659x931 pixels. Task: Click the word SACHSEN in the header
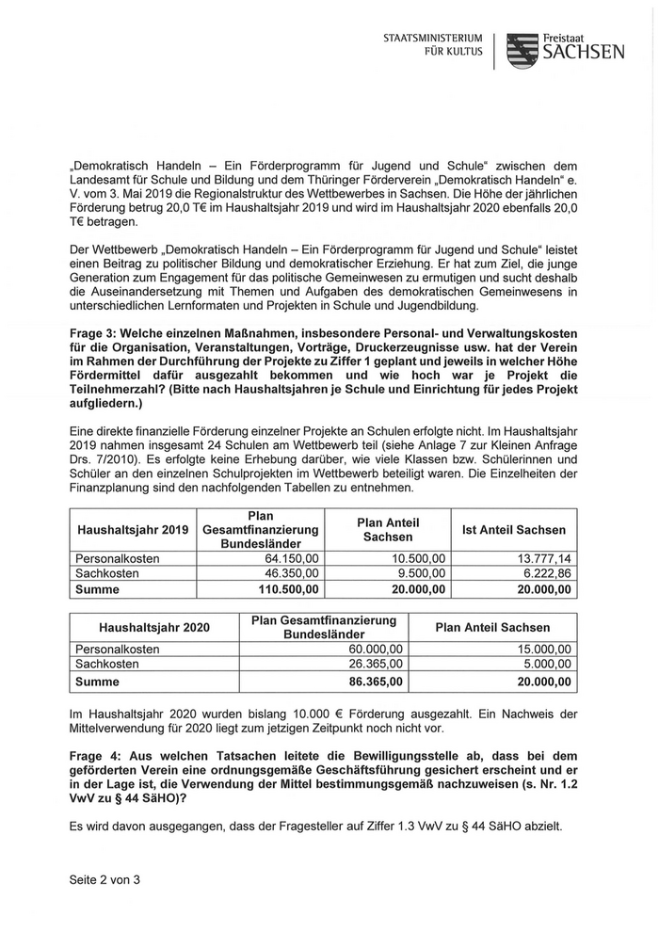(x=584, y=53)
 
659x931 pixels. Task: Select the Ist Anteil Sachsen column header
(x=514, y=529)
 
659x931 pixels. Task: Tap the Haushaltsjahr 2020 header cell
(x=154, y=627)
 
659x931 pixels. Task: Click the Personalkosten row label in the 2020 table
(x=117, y=650)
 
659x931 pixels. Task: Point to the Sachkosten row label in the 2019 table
(x=107, y=573)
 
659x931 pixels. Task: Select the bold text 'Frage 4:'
(x=96, y=757)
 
